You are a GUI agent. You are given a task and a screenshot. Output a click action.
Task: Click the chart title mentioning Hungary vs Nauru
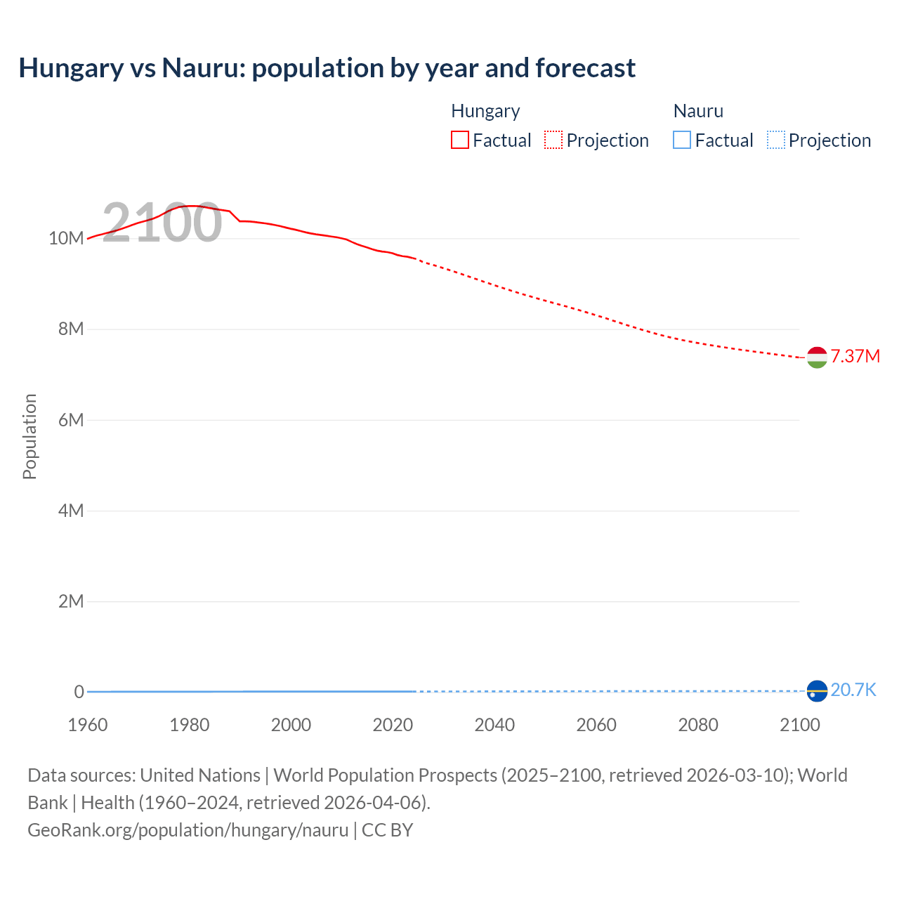tap(327, 68)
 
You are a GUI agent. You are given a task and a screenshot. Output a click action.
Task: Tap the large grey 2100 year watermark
tap(162, 223)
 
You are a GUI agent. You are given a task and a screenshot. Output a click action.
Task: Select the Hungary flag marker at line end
tap(817, 357)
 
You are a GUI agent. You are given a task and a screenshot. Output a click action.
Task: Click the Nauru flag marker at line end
tap(817, 691)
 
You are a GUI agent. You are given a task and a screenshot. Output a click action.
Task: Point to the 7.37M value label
tap(855, 357)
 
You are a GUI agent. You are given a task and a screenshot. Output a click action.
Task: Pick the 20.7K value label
tap(853, 690)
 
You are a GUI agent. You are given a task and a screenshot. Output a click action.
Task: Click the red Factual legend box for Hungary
tap(460, 140)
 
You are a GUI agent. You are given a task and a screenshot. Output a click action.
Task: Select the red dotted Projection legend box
tap(553, 140)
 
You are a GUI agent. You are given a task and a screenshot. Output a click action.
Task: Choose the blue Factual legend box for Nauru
tap(682, 140)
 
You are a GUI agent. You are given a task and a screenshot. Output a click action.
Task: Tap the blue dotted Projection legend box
tap(776, 140)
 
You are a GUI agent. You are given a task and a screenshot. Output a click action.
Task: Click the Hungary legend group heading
tap(485, 111)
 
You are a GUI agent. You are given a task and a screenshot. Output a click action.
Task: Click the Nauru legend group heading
tap(698, 111)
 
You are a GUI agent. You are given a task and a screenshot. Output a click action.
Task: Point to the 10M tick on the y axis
tap(66, 238)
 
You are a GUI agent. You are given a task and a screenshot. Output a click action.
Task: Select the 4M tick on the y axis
tap(71, 511)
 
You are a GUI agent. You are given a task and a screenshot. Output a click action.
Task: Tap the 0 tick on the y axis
tap(79, 692)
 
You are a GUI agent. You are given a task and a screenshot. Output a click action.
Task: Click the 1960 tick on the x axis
tap(88, 725)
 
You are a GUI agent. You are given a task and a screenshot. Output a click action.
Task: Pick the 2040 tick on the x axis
tap(494, 725)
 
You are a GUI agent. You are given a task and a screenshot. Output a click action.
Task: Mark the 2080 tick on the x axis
tap(698, 725)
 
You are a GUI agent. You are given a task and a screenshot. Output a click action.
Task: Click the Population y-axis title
tap(29, 436)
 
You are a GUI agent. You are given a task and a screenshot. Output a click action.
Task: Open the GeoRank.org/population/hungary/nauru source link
tap(188, 830)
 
